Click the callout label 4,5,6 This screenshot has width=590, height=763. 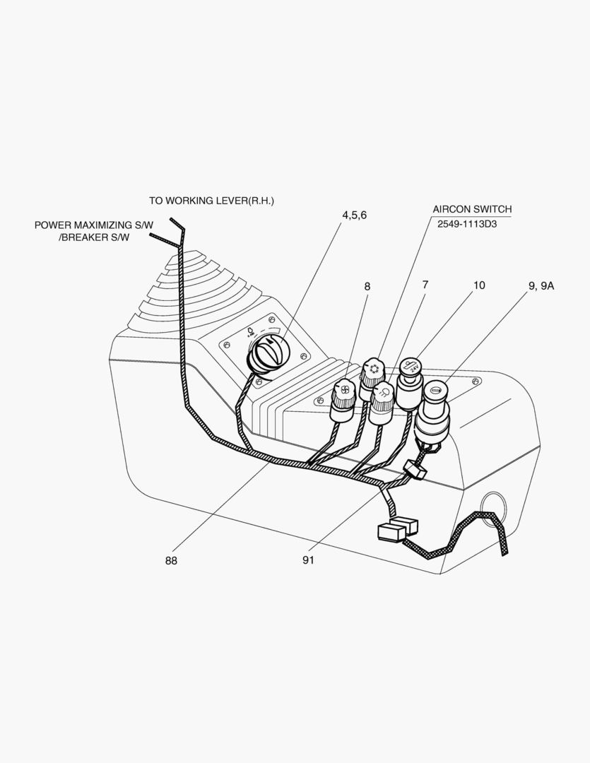coord(354,215)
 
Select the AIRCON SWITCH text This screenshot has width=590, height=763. coord(472,209)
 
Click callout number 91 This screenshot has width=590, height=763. coord(309,560)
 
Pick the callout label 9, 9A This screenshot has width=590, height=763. coord(541,286)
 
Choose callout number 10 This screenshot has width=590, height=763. coord(479,285)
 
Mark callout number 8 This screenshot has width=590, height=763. coord(367,286)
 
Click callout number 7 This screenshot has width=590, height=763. coord(425,285)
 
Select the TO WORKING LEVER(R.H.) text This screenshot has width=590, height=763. coord(211,201)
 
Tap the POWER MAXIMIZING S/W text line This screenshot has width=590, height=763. coord(94,225)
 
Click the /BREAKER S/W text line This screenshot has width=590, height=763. coord(95,237)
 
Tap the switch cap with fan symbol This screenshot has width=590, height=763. coord(343,390)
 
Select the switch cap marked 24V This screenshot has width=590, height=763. coord(411,367)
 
